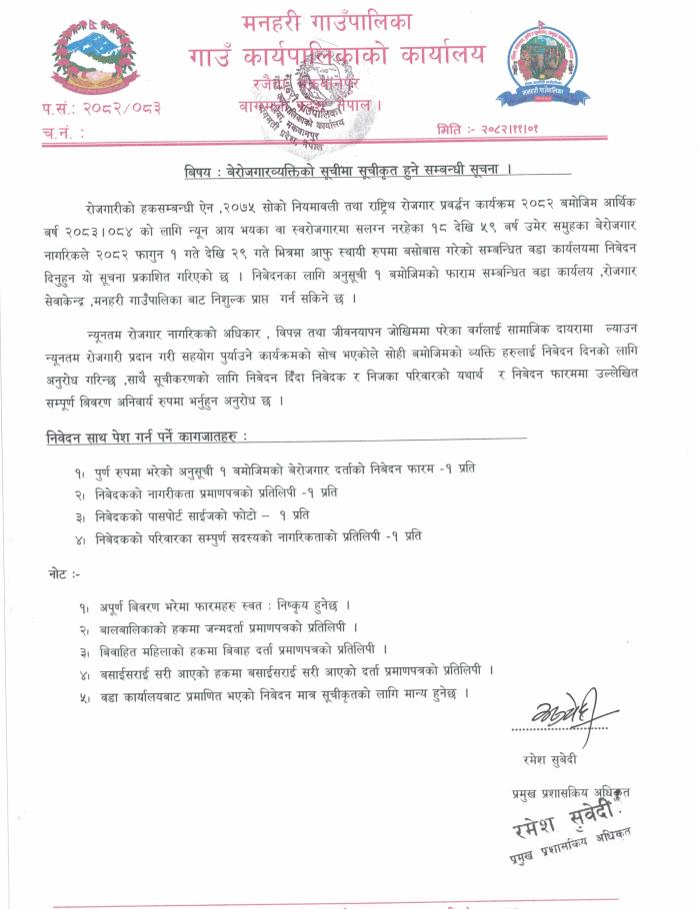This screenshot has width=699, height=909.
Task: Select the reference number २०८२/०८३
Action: (x=123, y=107)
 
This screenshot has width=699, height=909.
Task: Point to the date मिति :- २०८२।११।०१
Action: (x=494, y=130)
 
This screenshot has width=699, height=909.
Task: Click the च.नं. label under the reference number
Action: (x=62, y=131)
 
